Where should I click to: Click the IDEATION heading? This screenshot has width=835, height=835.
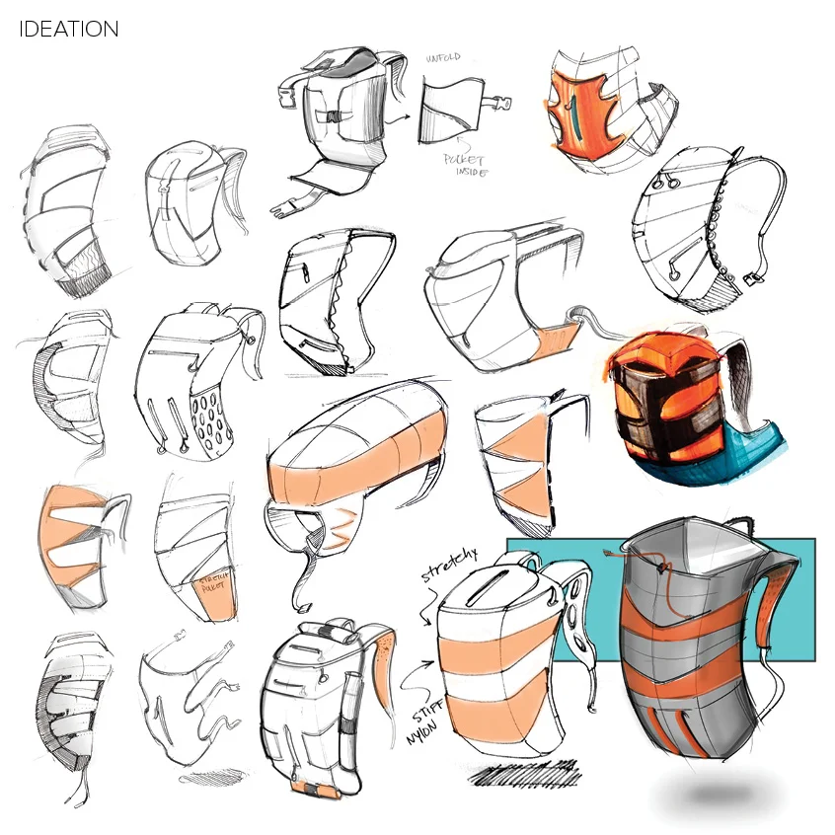point(68,30)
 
